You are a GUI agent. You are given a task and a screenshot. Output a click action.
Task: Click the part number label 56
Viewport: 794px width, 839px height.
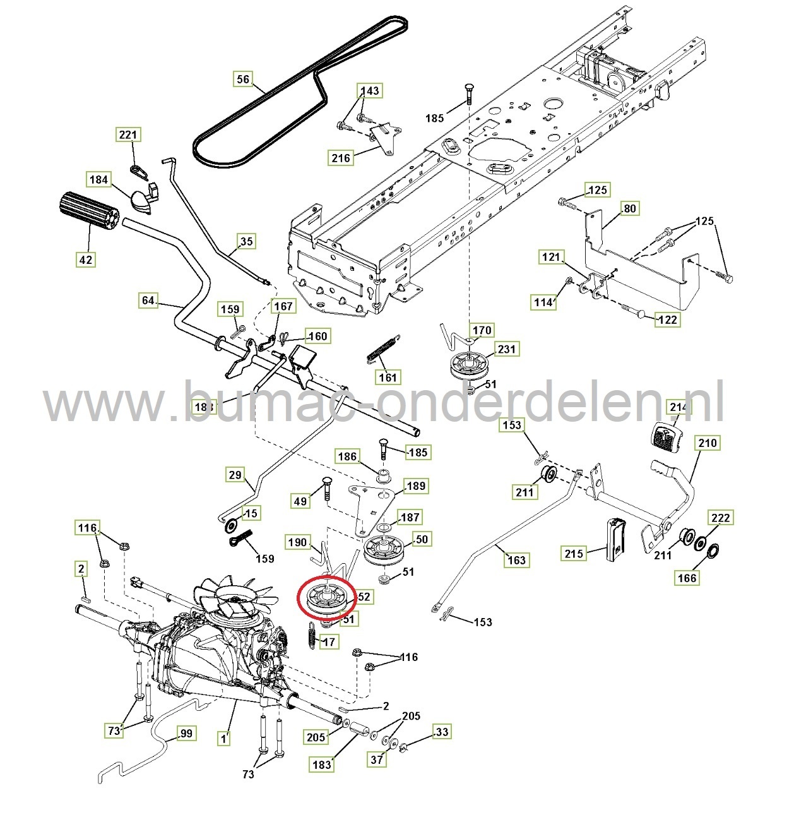(x=243, y=80)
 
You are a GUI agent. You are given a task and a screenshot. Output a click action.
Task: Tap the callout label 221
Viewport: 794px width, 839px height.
(x=128, y=134)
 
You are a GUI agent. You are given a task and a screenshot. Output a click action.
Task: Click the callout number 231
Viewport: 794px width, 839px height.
(x=506, y=348)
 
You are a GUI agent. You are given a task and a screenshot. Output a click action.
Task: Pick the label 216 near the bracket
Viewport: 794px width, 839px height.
(x=341, y=157)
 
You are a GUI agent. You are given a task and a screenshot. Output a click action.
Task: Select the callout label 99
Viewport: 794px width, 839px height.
(x=186, y=733)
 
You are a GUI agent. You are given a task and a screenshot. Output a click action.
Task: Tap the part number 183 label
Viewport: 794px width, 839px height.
(x=321, y=764)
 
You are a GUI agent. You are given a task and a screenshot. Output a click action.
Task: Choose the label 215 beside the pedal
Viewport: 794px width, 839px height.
(x=574, y=554)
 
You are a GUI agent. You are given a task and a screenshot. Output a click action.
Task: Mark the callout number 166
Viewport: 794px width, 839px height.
(x=687, y=577)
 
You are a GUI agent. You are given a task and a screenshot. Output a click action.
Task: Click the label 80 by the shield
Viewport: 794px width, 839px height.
(x=629, y=208)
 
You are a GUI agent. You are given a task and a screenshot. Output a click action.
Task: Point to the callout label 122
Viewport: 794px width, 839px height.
(x=667, y=319)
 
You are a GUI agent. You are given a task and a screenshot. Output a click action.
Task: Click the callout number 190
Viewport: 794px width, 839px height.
(x=297, y=542)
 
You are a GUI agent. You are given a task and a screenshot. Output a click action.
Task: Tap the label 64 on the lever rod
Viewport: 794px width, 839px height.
(x=148, y=300)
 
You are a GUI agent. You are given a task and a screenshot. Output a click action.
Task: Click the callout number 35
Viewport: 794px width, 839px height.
(x=246, y=241)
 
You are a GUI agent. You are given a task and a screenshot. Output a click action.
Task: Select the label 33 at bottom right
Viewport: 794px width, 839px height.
(x=442, y=732)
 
